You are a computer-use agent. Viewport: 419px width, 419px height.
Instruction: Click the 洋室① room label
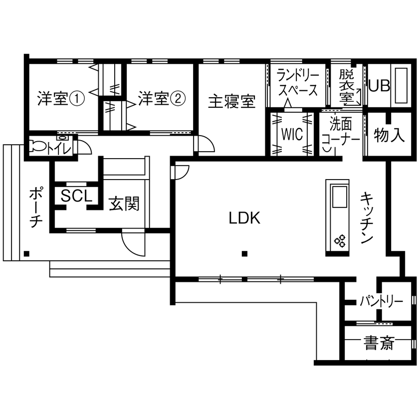tap(61, 98)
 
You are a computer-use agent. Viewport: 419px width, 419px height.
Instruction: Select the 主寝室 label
tap(231, 101)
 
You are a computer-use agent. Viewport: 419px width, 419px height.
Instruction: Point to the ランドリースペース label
tap(297, 83)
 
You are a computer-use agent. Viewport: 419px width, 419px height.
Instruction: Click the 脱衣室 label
tap(346, 86)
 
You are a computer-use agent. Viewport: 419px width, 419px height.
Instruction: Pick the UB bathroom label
tap(379, 85)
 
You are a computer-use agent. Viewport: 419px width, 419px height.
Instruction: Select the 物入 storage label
tap(389, 135)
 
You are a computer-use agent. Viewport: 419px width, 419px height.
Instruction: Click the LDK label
tap(245, 217)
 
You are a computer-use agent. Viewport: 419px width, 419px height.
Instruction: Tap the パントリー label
tap(381, 301)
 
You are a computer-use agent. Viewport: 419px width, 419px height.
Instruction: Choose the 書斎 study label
tap(379, 343)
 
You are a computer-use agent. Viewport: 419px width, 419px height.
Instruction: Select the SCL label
tap(76, 196)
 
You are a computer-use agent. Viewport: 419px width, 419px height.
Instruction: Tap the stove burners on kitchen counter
tap(340, 241)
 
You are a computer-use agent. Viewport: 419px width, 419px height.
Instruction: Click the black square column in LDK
tap(244, 254)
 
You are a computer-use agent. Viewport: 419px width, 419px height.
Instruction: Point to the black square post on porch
tap(26, 253)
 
